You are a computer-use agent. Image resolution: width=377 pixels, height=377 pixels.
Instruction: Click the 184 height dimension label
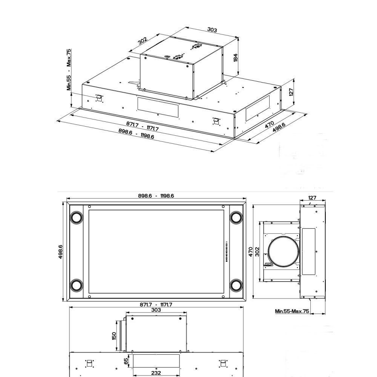click(x=236, y=57)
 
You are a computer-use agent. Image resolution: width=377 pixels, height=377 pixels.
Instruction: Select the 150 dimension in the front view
click(x=114, y=336)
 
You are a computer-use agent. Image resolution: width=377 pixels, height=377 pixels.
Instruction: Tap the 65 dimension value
click(x=126, y=361)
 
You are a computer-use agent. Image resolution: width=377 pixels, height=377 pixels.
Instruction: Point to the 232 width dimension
click(x=156, y=373)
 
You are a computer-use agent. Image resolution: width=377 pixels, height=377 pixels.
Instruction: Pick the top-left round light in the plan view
click(x=77, y=218)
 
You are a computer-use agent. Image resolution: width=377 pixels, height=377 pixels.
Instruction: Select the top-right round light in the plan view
click(x=236, y=218)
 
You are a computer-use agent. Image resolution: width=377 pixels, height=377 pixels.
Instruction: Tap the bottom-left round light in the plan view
click(x=77, y=285)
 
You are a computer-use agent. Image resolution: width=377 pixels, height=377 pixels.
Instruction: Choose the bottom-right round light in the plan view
click(x=236, y=285)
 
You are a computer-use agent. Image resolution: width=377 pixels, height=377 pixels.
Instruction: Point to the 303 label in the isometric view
click(x=212, y=30)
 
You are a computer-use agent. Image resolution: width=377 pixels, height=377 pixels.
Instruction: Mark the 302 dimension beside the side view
click(x=257, y=251)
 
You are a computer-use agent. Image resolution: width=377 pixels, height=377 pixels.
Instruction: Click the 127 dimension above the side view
click(x=312, y=198)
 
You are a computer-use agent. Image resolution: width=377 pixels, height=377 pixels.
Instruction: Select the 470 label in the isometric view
click(x=270, y=124)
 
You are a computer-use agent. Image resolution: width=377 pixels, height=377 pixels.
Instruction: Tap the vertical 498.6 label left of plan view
click(x=61, y=252)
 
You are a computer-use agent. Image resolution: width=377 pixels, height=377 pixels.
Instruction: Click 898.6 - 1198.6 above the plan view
click(x=156, y=196)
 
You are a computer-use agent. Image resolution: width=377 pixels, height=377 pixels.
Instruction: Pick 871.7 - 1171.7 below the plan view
click(x=156, y=305)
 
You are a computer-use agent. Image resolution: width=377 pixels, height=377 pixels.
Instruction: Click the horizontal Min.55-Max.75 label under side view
click(x=292, y=311)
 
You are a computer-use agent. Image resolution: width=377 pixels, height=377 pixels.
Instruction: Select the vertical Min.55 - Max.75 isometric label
click(x=69, y=70)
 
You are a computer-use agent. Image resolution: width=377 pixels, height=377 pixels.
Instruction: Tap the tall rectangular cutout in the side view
click(x=308, y=251)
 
